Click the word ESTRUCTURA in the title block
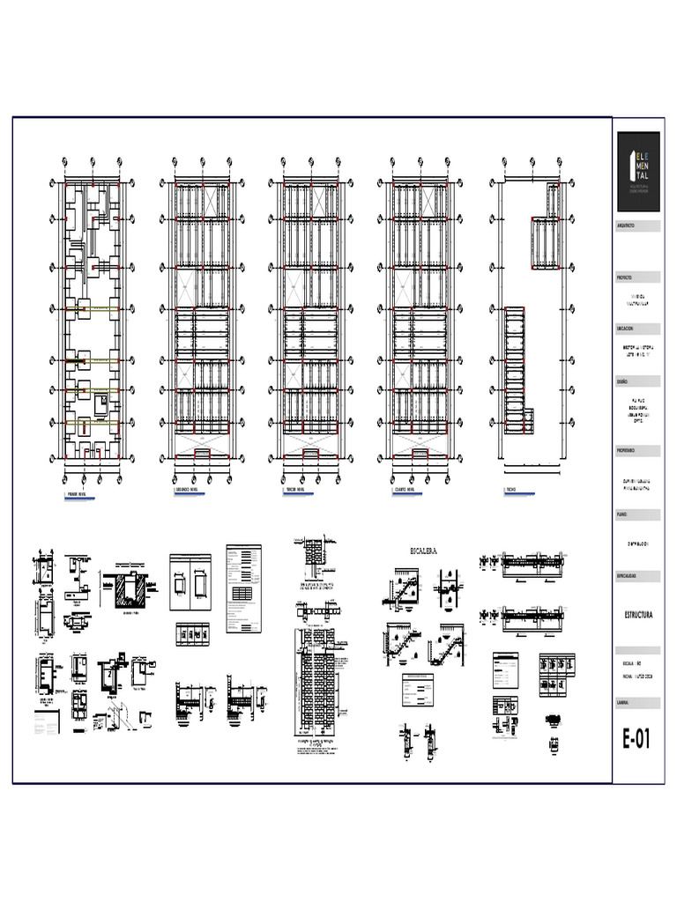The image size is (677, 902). click(x=636, y=616)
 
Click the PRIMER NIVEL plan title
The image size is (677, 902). click(x=77, y=495)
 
